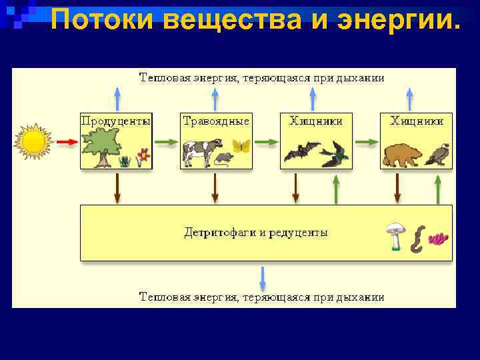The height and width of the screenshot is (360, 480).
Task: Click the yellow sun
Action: [34, 141]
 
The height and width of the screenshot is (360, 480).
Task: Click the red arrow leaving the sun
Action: [67, 142]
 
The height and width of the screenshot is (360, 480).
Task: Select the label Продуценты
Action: [116, 121]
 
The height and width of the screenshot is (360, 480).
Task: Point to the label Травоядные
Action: [216, 121]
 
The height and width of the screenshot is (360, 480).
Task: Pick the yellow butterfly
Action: [241, 146]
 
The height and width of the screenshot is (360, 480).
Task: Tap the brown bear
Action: [402, 155]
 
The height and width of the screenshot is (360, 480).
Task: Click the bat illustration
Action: [302, 152]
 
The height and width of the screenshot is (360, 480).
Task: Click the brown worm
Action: [416, 239]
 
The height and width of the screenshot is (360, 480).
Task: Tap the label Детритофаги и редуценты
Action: [256, 233]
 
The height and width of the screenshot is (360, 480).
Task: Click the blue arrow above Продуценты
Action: [117, 98]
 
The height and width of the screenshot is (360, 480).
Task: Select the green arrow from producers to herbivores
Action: [166, 142]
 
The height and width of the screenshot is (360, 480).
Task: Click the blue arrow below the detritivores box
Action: [262, 277]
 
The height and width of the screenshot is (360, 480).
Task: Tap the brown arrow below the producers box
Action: [117, 188]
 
